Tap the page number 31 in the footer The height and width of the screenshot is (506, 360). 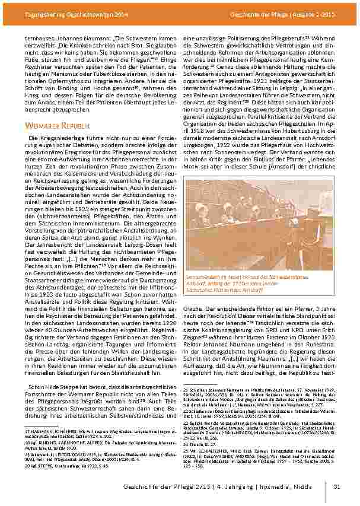pos(336,488)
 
